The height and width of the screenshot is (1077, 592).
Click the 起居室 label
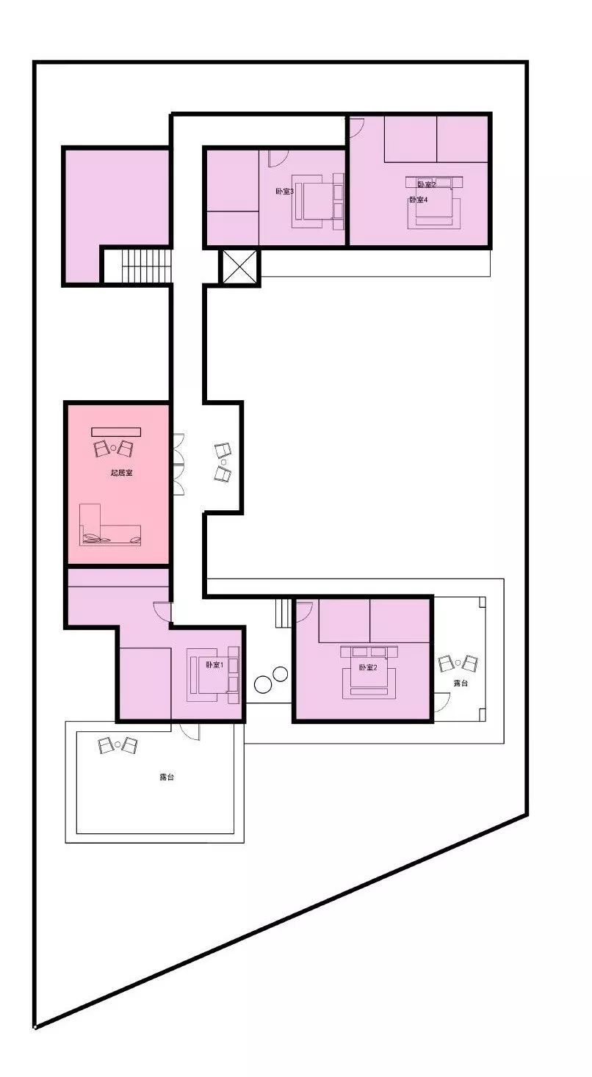[x=121, y=474]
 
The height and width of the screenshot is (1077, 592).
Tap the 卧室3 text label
[x=285, y=192]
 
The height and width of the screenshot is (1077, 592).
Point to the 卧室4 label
[x=419, y=200]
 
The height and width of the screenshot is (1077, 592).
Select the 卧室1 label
[x=214, y=665]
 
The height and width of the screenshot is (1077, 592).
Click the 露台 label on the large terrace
[x=167, y=777]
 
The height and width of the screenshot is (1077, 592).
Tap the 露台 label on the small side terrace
[x=461, y=683]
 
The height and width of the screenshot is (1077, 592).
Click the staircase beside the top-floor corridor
[x=137, y=266]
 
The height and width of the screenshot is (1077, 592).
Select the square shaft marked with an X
[x=240, y=266]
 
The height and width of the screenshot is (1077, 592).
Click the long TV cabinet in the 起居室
[x=116, y=432]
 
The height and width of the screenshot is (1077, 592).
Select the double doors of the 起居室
[x=177, y=465]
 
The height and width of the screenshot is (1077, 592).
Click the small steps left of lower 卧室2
[x=284, y=612]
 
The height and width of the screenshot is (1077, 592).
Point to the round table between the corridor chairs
[x=223, y=463]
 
